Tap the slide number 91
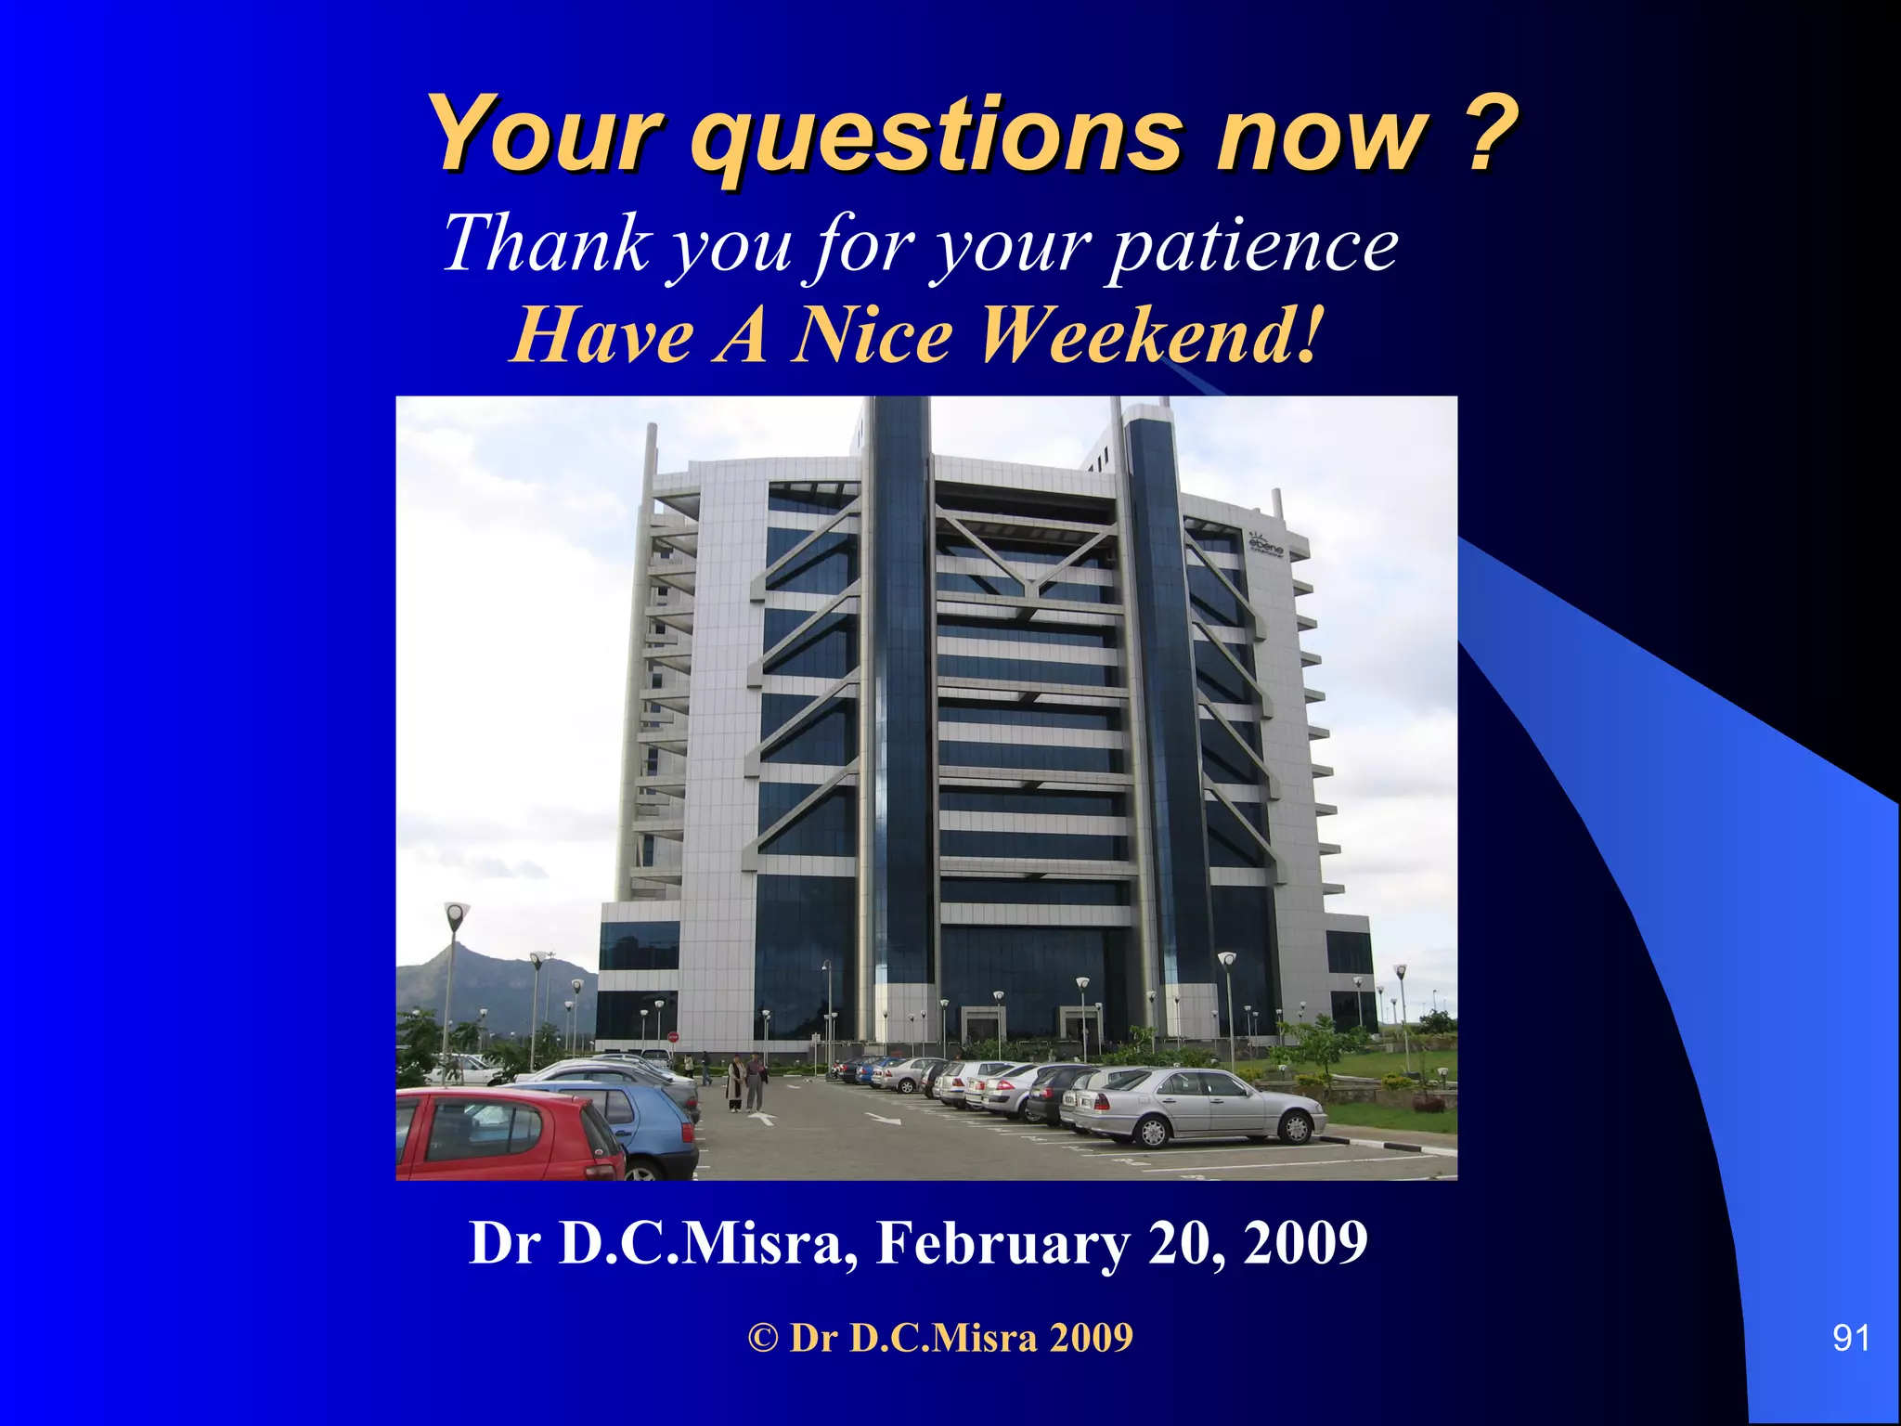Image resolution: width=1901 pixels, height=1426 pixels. [1851, 1338]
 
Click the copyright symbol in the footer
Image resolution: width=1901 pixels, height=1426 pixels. [763, 1338]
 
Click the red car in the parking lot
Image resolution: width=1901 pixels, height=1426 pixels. [506, 1136]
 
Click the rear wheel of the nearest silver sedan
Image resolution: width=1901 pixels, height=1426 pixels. [1153, 1133]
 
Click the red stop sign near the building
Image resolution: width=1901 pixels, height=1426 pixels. [673, 1037]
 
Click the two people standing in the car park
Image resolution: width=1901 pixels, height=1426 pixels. [746, 1082]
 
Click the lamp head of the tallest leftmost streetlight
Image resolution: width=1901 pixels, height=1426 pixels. [456, 914]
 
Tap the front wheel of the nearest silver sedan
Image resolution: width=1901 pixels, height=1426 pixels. [1293, 1128]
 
